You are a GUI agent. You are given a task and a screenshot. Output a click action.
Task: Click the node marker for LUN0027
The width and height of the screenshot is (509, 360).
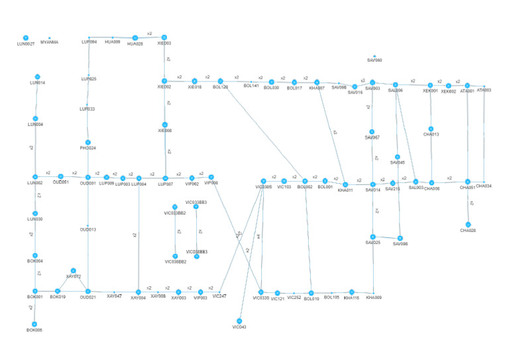pyautogui.click(x=25, y=38)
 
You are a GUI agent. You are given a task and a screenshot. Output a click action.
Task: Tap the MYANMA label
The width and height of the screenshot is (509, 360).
pyautogui.click(x=49, y=42)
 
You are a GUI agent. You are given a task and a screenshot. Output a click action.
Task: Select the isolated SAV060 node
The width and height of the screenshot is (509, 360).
pyautogui.click(x=374, y=56)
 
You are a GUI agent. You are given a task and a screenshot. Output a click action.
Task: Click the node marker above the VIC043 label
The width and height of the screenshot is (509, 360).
pyautogui.click(x=239, y=321)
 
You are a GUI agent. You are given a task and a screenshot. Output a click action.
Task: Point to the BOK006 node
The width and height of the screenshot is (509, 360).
pyautogui.click(x=34, y=322)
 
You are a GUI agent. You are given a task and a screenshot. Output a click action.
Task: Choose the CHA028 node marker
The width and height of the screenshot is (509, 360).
pyautogui.click(x=469, y=224)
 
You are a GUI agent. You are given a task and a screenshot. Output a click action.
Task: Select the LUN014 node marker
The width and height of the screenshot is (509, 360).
pyautogui.click(x=38, y=77)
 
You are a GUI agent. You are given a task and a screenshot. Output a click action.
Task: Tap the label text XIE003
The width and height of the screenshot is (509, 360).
pyautogui.click(x=164, y=43)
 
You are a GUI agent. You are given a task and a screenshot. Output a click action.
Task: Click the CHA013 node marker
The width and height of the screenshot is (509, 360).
pyautogui.click(x=431, y=129)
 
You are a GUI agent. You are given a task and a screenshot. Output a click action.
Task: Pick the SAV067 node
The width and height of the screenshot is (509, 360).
pyautogui.click(x=372, y=131)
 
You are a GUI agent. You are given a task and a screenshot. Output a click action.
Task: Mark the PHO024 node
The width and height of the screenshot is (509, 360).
pyautogui.click(x=88, y=142)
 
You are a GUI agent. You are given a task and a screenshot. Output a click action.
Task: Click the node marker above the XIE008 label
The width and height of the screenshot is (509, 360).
pyautogui.click(x=164, y=125)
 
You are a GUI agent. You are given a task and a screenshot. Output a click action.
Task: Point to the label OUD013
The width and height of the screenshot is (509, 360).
pyautogui.click(x=88, y=229)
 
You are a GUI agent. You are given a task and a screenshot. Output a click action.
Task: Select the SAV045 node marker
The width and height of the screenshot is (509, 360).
pyautogui.click(x=397, y=156)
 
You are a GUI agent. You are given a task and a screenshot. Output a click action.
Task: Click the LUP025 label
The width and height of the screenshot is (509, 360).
pyautogui.click(x=89, y=79)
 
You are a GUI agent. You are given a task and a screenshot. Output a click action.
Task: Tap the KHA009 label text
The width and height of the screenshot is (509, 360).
pyautogui.click(x=374, y=298)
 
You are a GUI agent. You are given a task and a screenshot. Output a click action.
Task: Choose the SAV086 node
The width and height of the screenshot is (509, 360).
pyautogui.click(x=400, y=238)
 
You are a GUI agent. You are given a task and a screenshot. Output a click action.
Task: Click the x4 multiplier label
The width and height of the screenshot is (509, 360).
pyautogui.click(x=258, y=236)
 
